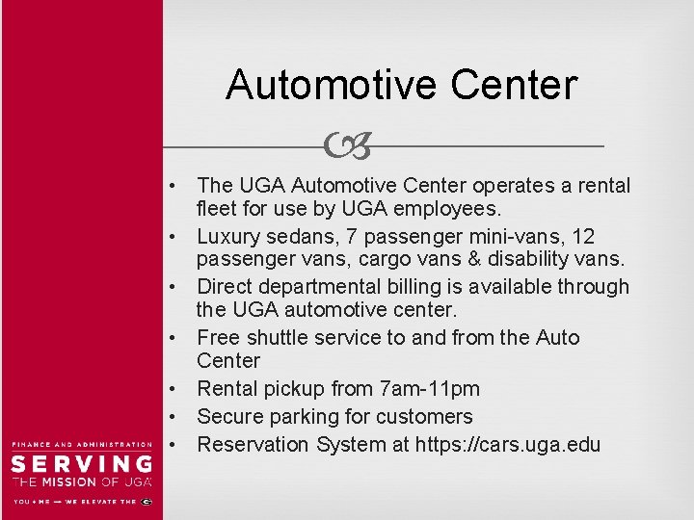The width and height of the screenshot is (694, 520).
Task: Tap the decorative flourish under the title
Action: (x=348, y=146)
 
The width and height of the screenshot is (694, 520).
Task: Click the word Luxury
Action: (x=230, y=236)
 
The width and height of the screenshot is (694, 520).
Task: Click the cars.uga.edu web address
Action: (x=507, y=445)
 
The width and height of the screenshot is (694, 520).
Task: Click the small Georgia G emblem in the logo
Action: (x=147, y=502)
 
